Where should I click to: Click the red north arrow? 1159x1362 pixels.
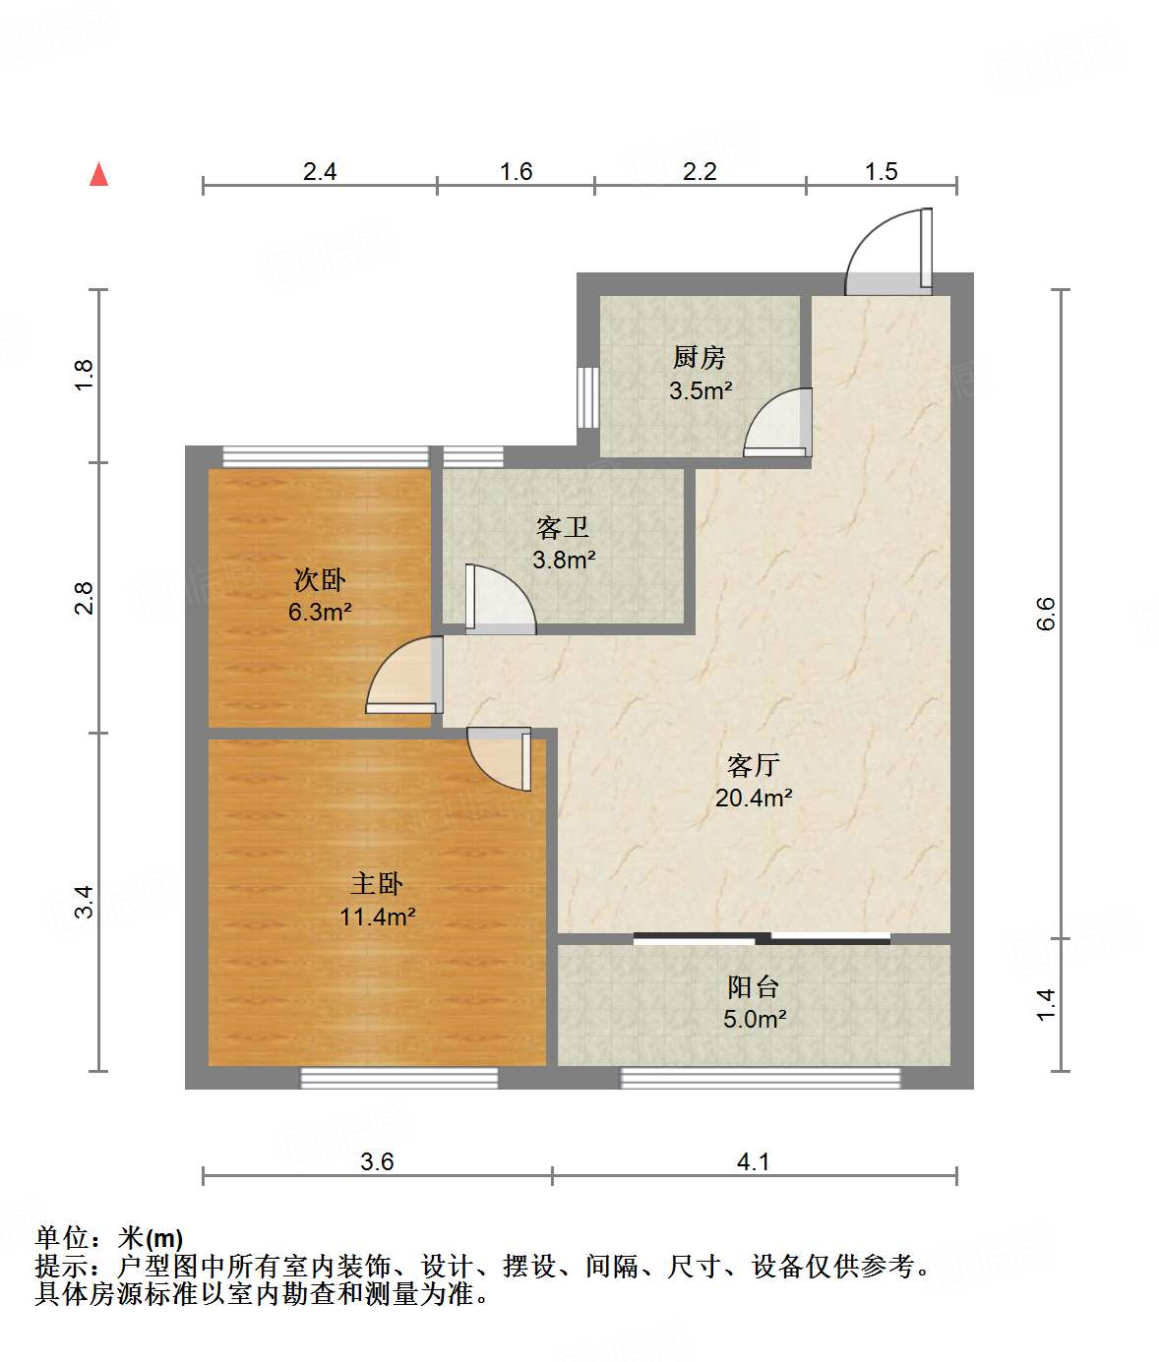pos(98,174)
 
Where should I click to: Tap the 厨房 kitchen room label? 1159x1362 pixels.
pos(700,357)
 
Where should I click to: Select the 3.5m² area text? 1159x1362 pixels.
pos(701,390)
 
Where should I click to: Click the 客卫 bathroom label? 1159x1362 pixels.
pos(563,528)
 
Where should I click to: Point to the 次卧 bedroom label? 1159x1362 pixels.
pos(320,579)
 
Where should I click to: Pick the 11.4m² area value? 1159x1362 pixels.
pos(378,917)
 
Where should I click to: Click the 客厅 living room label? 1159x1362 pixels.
pos(754,764)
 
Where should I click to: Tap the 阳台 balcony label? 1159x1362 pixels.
pos(754,986)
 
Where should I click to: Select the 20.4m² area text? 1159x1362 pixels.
pos(754,798)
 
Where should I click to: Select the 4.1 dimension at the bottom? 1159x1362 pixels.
pos(754,1161)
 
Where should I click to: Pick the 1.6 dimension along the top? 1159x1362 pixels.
pos(516,171)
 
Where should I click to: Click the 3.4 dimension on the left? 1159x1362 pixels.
pos(85,901)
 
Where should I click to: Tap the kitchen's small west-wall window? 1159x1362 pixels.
pos(588,397)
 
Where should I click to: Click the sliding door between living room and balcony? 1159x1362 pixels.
pos(762,938)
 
